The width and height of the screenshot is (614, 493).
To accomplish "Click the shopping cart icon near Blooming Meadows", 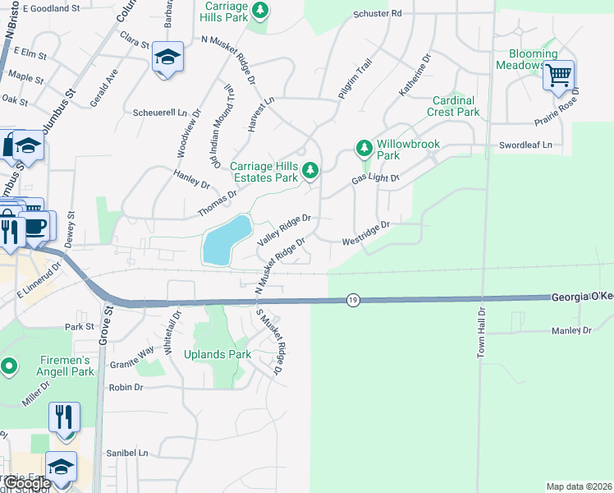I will click(x=558, y=75).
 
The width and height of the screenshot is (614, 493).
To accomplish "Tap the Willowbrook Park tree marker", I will click(x=364, y=149).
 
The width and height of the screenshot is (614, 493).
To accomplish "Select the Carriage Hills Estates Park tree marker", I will click(x=309, y=171).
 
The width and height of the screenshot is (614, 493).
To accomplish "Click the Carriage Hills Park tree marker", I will click(x=260, y=11).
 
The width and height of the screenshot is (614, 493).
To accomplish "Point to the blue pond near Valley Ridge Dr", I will click(x=225, y=240).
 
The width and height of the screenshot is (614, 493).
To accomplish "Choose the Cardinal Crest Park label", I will click(x=455, y=106).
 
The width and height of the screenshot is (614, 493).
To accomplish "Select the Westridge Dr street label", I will click(x=365, y=233).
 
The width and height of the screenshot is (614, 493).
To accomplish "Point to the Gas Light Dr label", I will click(x=375, y=178).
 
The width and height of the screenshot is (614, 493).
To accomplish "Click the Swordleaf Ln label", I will click(x=525, y=145).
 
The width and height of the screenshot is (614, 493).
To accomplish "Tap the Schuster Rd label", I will click(x=378, y=14).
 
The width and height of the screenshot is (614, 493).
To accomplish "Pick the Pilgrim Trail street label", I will click(x=355, y=80).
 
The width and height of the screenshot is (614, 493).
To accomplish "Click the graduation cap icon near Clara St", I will click(x=167, y=58).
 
